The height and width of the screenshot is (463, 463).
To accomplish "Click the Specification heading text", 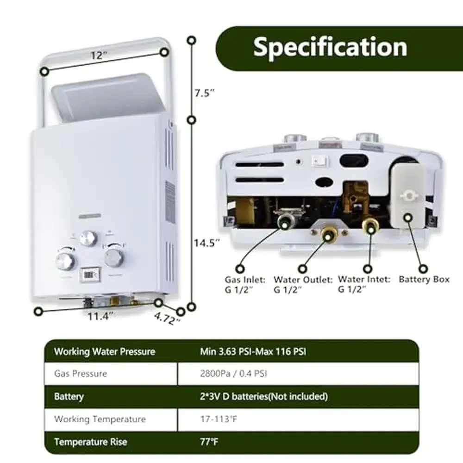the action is pyautogui.click(x=330, y=47).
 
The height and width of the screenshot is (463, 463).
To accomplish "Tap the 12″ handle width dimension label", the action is pyautogui.click(x=99, y=55).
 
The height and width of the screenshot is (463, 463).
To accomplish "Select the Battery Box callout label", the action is pyautogui.click(x=424, y=279).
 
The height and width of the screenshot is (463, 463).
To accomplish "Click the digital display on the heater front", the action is pyautogui.click(x=88, y=275).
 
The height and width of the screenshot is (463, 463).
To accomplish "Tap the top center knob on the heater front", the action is pyautogui.click(x=88, y=238).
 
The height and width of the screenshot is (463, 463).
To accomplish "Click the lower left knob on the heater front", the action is pyautogui.click(x=65, y=261).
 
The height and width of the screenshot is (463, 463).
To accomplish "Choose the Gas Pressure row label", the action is pyautogui.click(x=81, y=374).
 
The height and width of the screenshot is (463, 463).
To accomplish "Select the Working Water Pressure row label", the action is pyautogui.click(x=104, y=351).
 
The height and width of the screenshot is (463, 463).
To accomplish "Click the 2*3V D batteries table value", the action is pyautogui.click(x=263, y=396).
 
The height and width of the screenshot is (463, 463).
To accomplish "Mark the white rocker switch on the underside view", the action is pyautogui.click(x=319, y=161).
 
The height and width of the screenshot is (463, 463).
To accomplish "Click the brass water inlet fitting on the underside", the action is pyautogui.click(x=370, y=225).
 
